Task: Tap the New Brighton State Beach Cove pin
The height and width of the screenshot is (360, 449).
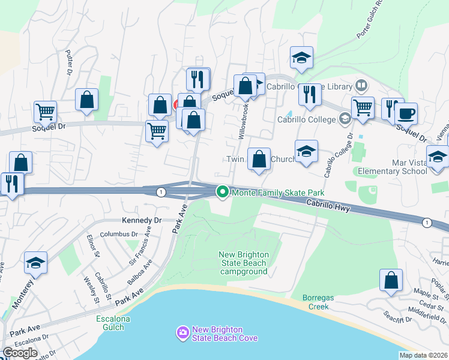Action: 182,332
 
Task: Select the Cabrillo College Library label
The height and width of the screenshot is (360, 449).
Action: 322,86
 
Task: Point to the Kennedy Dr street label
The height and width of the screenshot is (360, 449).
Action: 142,220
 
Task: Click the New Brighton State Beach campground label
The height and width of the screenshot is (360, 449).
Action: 243,263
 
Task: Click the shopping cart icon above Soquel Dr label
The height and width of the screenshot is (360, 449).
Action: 45,111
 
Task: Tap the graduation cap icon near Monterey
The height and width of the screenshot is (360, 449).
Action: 35,263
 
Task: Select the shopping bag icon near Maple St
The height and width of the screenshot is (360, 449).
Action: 391,280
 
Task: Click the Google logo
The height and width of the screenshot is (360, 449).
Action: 20,353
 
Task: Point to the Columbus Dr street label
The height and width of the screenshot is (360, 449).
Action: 119,234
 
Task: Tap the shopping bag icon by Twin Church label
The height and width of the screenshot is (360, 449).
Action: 259,160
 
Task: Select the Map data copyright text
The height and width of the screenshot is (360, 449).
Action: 423,355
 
